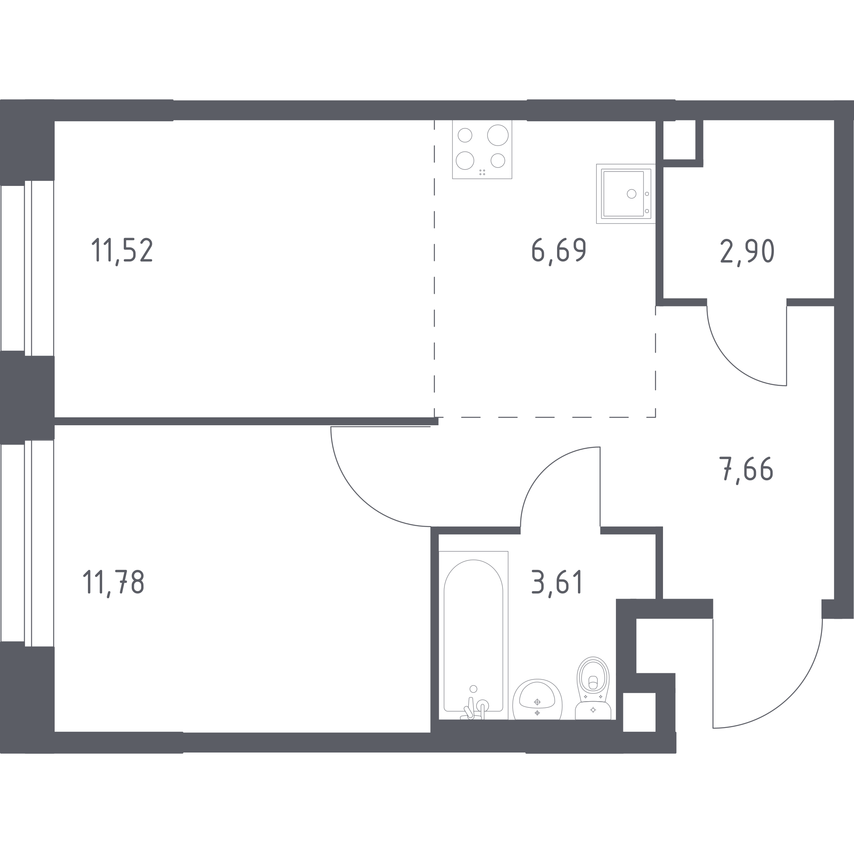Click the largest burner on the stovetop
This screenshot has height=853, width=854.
click(498, 135)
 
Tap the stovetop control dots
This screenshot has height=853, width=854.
click(482, 172)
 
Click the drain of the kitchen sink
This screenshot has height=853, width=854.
click(632, 193)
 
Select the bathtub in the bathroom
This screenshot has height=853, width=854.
click(473, 635)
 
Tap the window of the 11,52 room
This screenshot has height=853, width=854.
click(28, 268)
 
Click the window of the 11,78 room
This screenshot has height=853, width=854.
click(28, 543)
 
